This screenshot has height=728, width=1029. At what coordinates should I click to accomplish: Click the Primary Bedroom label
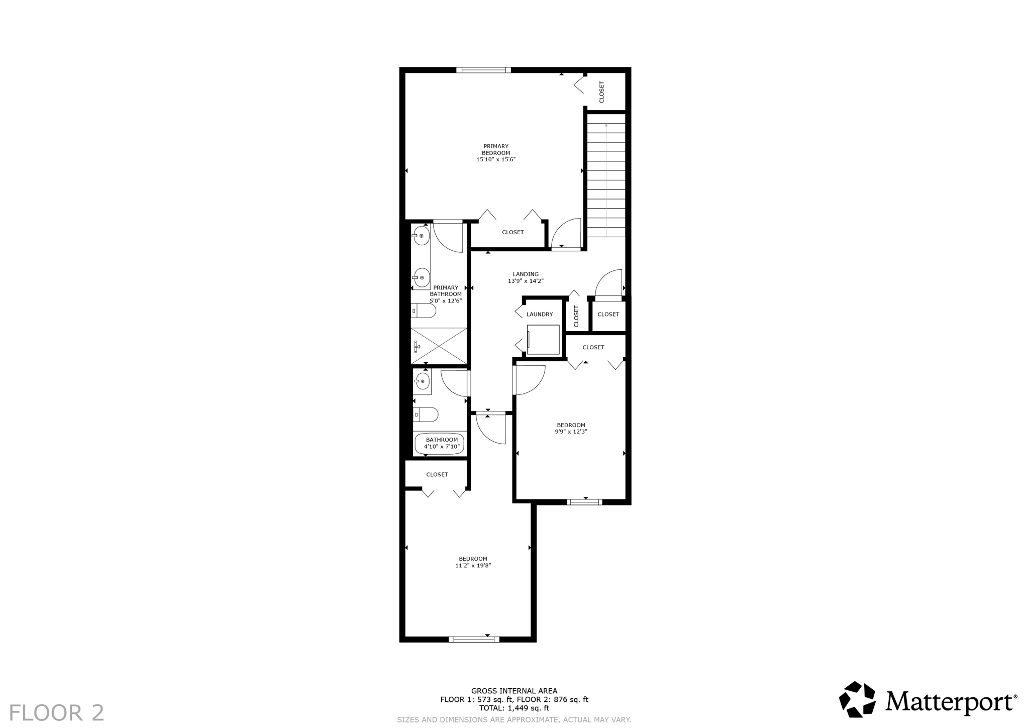pyautogui.click(x=496, y=150)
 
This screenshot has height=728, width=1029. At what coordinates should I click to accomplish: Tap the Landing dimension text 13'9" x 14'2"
pyautogui.click(x=526, y=281)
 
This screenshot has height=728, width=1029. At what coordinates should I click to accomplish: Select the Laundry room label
pyautogui.click(x=540, y=315)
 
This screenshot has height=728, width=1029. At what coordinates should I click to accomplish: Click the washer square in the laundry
pyautogui.click(x=543, y=340)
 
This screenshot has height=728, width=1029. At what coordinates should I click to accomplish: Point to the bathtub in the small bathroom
pyautogui.click(x=439, y=444)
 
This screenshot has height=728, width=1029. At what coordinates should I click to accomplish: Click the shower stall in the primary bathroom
pyautogui.click(x=439, y=346)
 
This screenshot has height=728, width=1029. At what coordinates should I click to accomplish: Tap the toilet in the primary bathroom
pyautogui.click(x=423, y=311)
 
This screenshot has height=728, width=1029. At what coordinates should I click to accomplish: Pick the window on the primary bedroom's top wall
pyautogui.click(x=483, y=70)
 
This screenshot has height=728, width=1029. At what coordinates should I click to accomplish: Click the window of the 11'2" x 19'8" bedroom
pyautogui.click(x=474, y=639)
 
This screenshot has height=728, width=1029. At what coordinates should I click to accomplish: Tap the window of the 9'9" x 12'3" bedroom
pyautogui.click(x=585, y=501)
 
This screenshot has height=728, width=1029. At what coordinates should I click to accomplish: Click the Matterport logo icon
pyautogui.click(x=857, y=699)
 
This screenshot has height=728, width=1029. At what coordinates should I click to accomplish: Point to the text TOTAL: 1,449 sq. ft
pyautogui.click(x=514, y=708)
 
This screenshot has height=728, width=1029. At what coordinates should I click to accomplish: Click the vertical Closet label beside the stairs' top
pyautogui.click(x=601, y=92)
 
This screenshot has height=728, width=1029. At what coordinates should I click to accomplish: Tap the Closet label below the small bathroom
pyautogui.click(x=437, y=475)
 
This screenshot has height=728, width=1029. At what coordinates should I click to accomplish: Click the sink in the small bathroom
pyautogui.click(x=423, y=381)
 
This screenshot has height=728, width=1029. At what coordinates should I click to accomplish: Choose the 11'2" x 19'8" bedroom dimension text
pyautogui.click(x=473, y=565)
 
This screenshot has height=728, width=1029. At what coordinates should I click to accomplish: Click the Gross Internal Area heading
pyautogui.click(x=514, y=691)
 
